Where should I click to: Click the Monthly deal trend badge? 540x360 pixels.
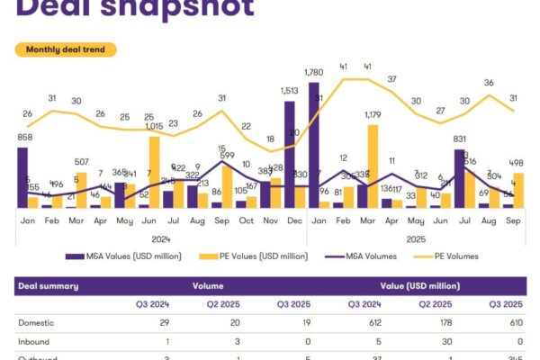(66, 49)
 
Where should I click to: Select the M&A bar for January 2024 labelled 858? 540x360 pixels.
(22, 177)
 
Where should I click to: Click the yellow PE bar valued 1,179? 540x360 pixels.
(373, 166)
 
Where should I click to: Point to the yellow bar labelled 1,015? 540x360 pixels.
(155, 172)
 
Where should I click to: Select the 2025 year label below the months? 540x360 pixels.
(415, 239)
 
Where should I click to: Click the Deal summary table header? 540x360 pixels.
(48, 286)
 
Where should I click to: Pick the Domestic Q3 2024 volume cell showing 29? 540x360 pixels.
(164, 321)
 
